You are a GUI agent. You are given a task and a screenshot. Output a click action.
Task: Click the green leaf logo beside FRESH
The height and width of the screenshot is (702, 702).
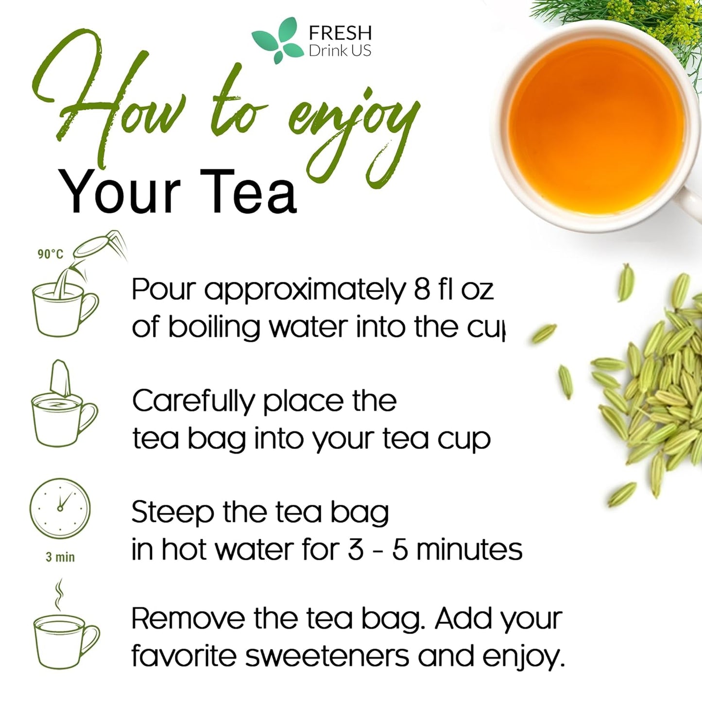click(276, 41)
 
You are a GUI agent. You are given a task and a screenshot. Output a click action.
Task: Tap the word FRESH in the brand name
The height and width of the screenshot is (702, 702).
click(340, 33)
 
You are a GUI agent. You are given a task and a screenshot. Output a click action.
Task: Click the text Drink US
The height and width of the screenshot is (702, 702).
click(340, 51)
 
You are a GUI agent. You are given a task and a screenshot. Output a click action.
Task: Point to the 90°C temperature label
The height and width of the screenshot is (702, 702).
click(51, 254)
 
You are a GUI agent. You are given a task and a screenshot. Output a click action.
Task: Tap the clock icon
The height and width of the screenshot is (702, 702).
click(60, 508)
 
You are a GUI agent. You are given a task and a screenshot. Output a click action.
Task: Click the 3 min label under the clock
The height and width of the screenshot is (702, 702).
click(60, 557)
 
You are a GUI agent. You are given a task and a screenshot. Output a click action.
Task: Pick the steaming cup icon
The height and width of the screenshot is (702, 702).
click(65, 632)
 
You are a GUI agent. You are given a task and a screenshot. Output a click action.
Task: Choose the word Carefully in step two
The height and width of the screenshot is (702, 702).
click(193, 402)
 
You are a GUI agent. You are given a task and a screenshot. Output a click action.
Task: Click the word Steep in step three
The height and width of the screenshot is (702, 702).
click(172, 513)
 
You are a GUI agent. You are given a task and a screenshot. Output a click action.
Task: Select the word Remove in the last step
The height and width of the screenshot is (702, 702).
click(188, 619)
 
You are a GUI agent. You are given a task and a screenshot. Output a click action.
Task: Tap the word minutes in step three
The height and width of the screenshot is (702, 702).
click(469, 550)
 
